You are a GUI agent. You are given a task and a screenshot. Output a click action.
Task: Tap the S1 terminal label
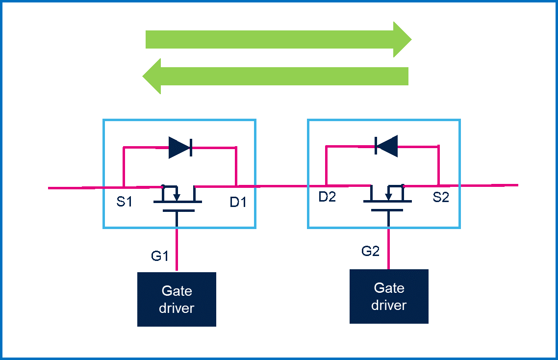[125, 201]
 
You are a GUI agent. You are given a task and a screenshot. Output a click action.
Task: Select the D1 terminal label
[238, 201]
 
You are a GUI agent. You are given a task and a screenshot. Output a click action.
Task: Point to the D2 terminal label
[327, 197]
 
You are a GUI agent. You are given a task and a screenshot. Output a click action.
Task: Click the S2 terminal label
[441, 197]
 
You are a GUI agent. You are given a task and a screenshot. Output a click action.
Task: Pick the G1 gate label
[160, 256]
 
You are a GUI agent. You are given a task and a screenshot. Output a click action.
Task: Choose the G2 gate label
[371, 251]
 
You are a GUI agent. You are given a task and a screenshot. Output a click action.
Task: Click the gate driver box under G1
[177, 299]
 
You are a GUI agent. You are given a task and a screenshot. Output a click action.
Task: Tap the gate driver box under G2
[389, 296]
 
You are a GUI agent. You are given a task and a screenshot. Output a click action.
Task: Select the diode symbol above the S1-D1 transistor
[180, 147]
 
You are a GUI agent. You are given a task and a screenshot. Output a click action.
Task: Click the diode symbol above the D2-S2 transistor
[386, 146]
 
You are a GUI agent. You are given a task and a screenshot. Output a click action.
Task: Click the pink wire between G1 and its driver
[177, 250]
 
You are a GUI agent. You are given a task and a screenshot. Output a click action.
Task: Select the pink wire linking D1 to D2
[281, 186]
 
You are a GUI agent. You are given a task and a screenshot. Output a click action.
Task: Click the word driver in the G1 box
[177, 308]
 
